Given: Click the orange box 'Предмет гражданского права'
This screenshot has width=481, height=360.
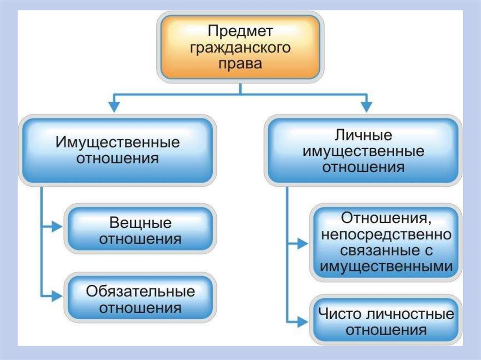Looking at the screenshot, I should tap(240, 47).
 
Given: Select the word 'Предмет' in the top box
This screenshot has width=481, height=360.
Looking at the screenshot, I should tap(240, 31).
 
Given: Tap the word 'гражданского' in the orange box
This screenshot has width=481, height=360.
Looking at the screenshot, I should tap(240, 47).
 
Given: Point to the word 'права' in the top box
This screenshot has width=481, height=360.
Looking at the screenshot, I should tap(240, 63).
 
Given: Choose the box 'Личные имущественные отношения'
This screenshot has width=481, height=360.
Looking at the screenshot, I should tap(363, 151).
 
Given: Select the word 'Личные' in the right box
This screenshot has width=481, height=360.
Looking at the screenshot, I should tap(363, 136).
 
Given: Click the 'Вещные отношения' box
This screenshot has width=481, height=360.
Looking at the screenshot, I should tap(141, 230).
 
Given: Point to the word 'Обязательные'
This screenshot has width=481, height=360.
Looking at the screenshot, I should tap(140, 291).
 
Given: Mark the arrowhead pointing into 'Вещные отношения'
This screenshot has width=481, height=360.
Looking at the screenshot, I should tap(57, 227).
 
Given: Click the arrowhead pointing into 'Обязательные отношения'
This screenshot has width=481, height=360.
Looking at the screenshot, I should tap(57, 296).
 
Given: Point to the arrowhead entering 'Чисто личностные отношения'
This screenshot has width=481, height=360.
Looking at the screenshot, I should tap(303, 322).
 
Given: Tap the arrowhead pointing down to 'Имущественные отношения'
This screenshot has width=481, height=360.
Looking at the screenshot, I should tap(114, 107).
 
